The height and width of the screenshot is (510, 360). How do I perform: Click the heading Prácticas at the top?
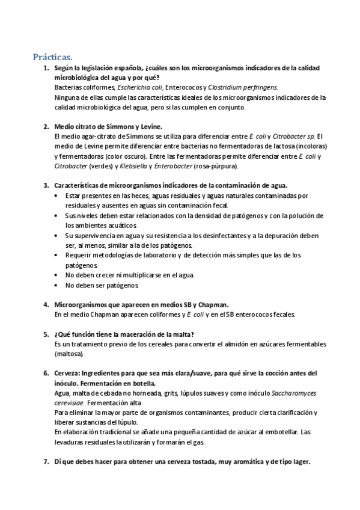point(52,57)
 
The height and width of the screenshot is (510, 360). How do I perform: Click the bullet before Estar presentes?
point(56,195)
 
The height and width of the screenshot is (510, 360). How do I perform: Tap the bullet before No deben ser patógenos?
point(56,284)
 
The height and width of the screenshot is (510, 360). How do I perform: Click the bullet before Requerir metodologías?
point(56,255)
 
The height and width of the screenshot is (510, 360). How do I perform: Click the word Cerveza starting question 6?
point(66,373)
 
